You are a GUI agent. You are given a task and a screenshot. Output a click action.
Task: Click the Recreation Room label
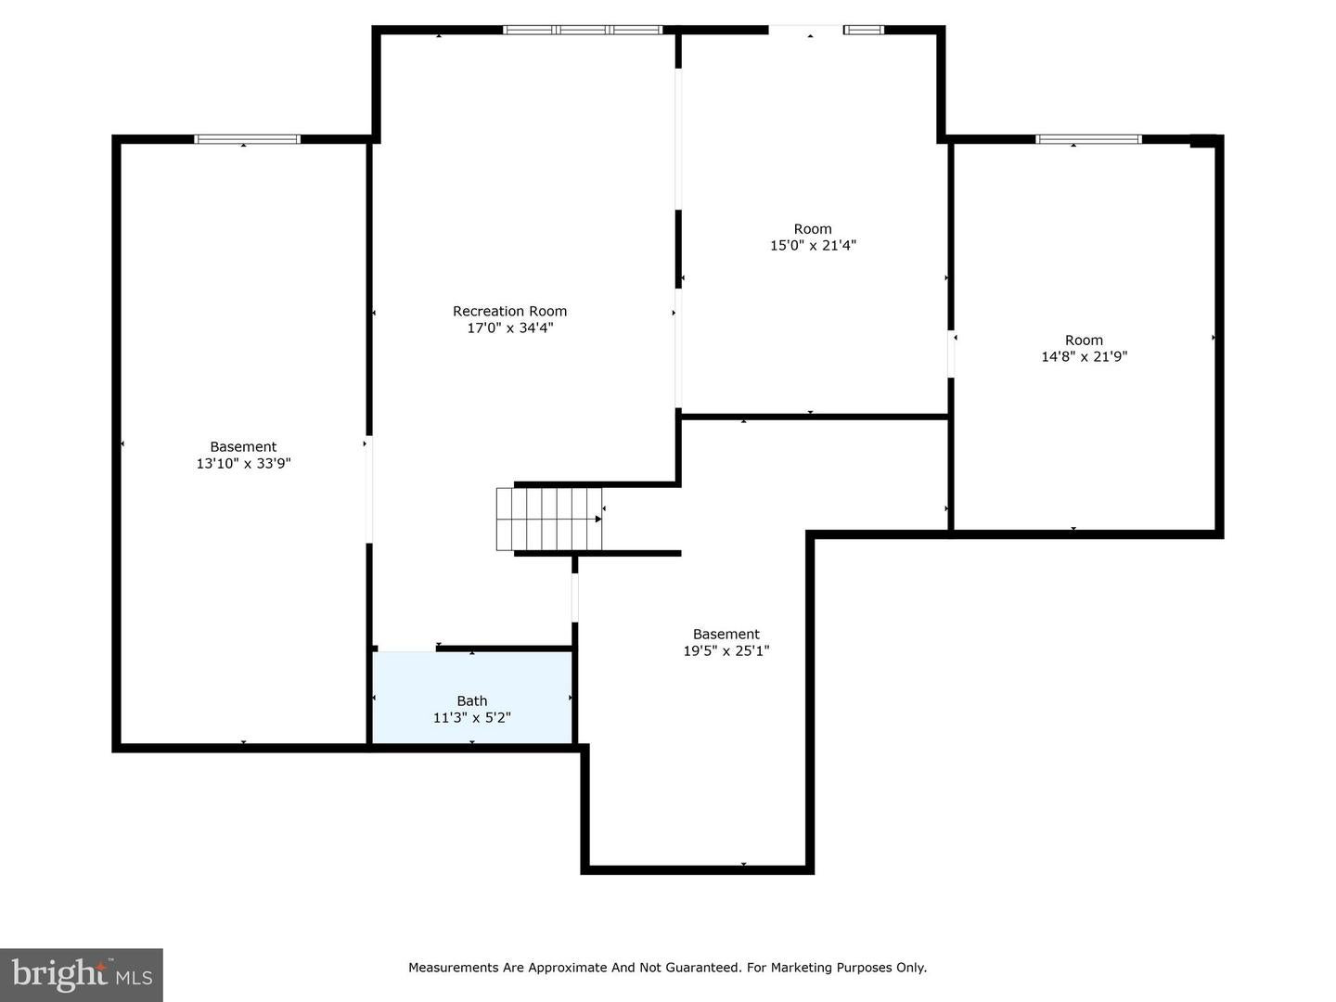click(x=509, y=312)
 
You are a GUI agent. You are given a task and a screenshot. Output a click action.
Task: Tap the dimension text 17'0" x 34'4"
click(x=509, y=328)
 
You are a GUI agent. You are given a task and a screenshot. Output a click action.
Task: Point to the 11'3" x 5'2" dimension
click(x=471, y=718)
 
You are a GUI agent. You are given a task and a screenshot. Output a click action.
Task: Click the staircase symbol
click(x=549, y=520)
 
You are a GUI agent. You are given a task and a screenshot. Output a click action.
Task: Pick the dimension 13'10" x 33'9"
click(x=243, y=464)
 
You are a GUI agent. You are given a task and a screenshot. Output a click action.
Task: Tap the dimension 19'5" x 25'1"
click(x=726, y=651)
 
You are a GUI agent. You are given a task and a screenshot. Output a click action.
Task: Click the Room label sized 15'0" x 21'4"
click(x=813, y=229)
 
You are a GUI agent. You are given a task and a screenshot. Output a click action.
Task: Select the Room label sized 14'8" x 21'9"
click(x=1084, y=340)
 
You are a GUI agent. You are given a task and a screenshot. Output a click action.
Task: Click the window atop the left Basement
click(x=247, y=139)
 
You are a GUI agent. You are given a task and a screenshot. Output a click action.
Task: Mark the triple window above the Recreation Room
click(x=583, y=30)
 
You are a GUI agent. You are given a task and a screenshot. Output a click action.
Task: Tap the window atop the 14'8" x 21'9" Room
click(x=1088, y=139)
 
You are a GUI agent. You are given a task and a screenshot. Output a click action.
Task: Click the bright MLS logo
click(x=82, y=974)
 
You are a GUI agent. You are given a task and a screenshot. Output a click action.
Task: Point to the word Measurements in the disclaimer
click(x=454, y=968)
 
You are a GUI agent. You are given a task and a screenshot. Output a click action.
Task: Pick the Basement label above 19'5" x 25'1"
click(x=726, y=635)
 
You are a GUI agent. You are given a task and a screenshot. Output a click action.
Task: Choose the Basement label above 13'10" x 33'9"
click(x=243, y=447)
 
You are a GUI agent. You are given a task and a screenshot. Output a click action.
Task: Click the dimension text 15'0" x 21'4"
click(x=813, y=246)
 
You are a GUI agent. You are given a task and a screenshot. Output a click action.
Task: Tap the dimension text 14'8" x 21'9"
click(x=1084, y=356)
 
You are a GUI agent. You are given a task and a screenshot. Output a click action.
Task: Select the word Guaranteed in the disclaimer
click(x=701, y=968)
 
